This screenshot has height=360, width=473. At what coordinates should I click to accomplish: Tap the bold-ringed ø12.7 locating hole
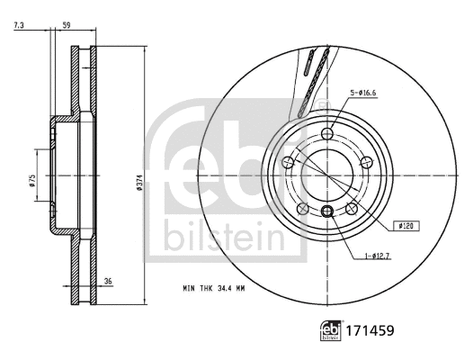327,211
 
